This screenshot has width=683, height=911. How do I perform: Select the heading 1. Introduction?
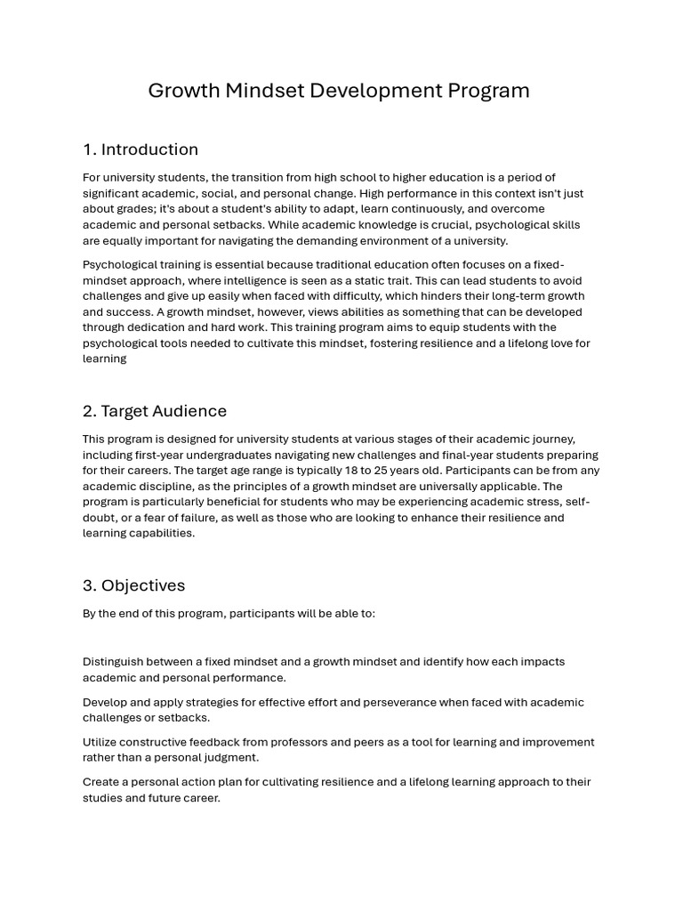141,149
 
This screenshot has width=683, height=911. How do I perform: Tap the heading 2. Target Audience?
155,411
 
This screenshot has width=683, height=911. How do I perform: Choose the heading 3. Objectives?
134,585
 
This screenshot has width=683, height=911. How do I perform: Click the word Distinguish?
114,662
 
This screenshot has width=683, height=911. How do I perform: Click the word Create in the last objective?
102,782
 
